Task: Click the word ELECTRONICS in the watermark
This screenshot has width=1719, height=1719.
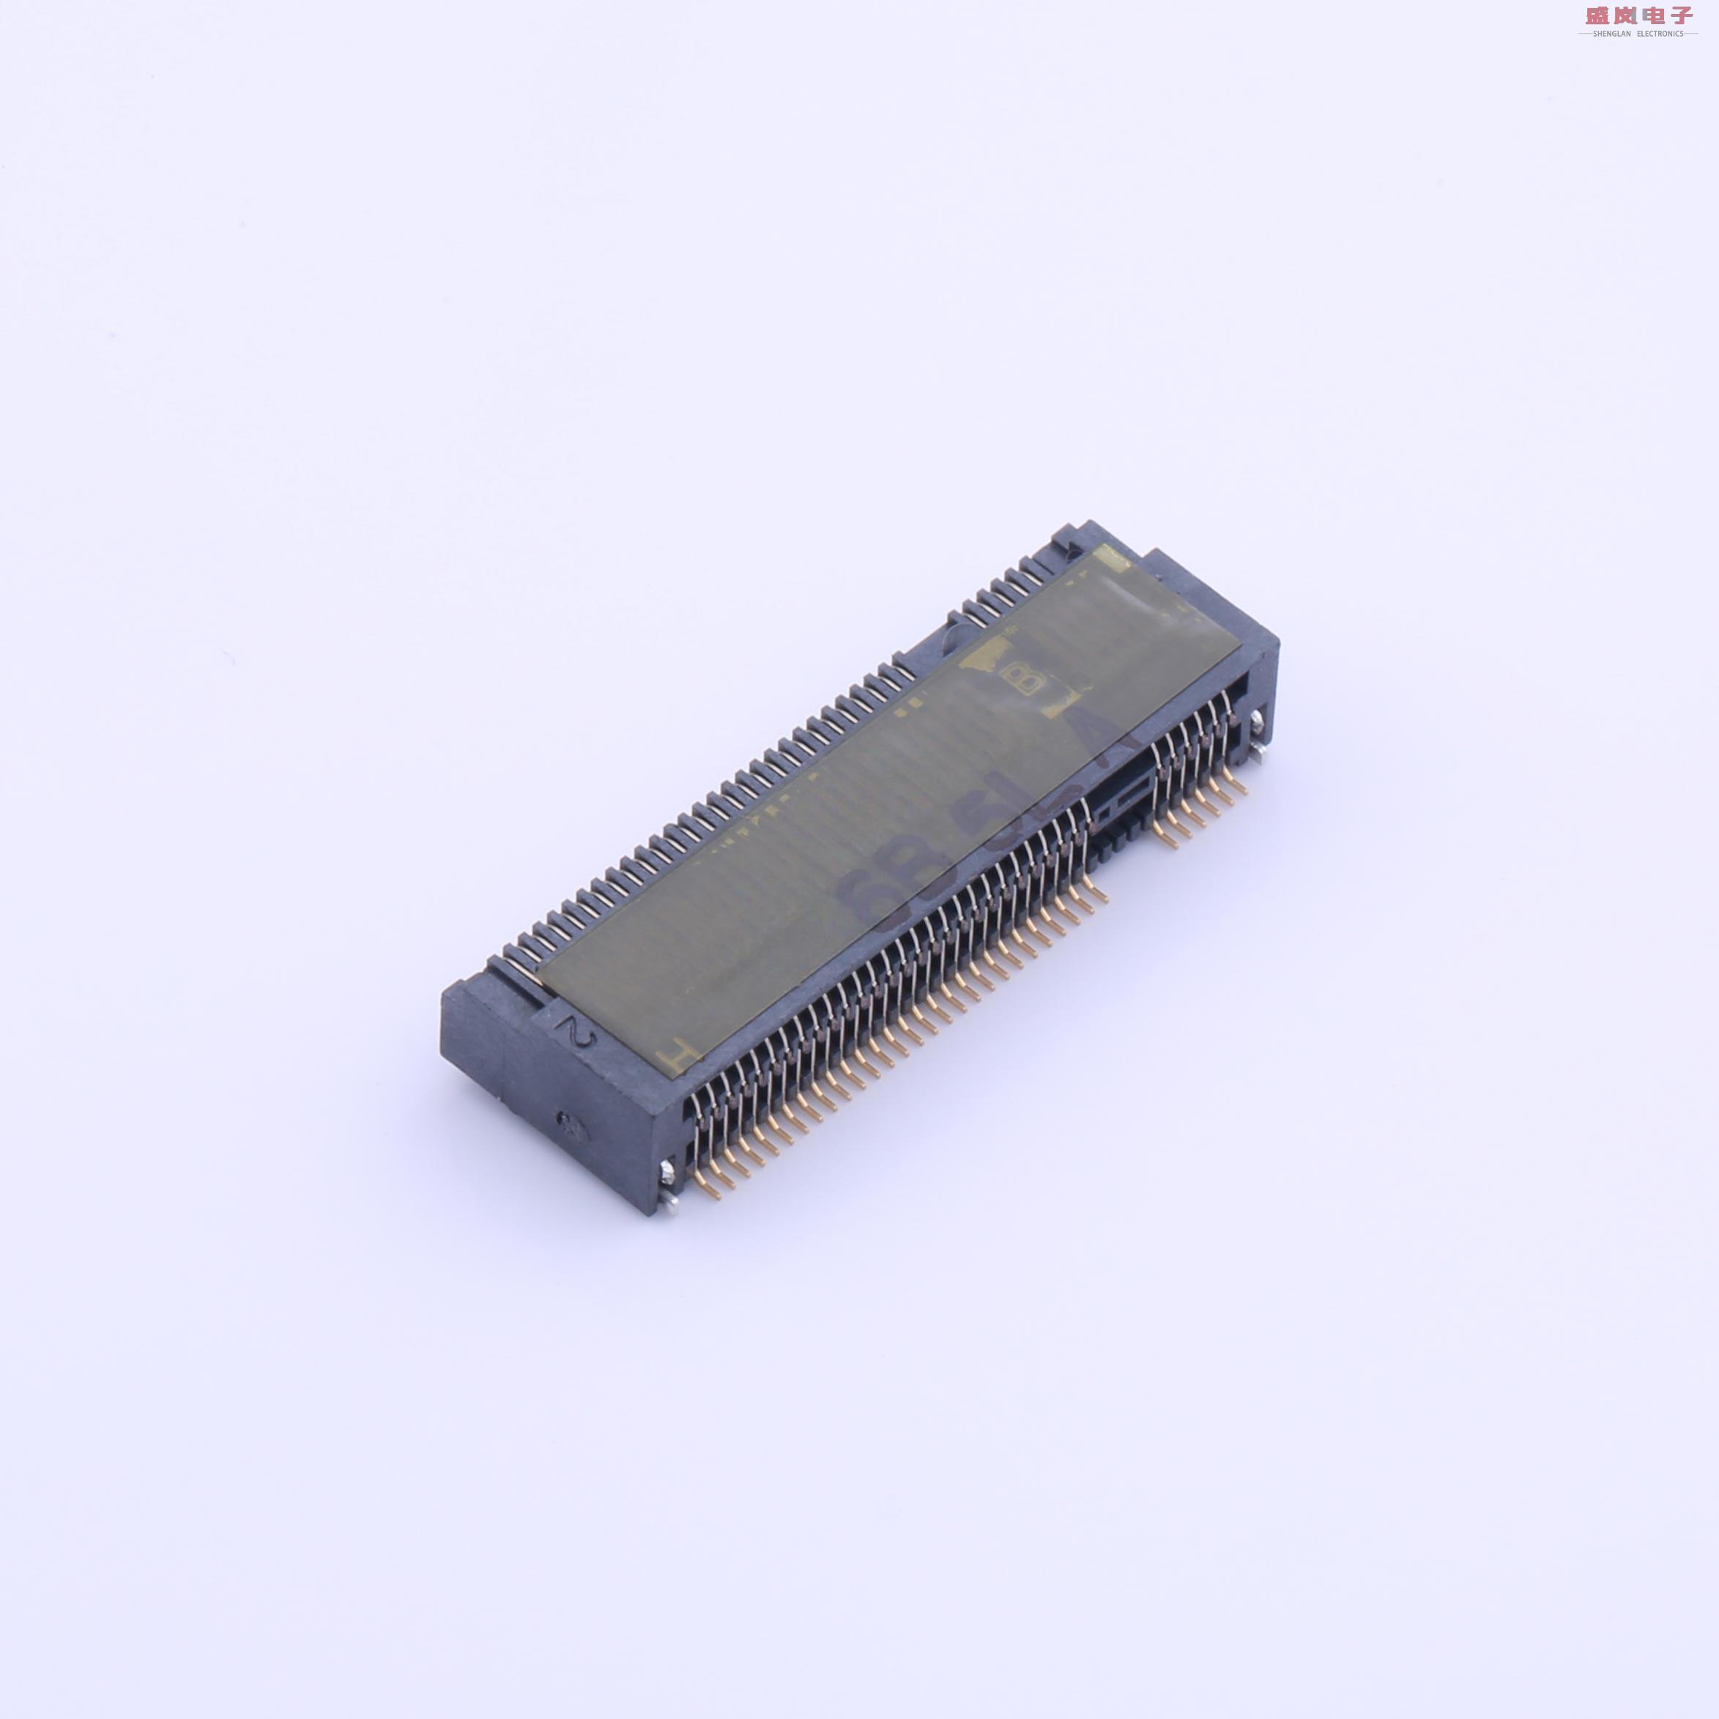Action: click(1660, 34)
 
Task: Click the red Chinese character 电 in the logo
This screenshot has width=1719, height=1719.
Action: click(1652, 15)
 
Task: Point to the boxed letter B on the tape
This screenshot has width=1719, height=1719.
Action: click(1020, 680)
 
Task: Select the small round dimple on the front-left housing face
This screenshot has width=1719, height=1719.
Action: click(567, 1123)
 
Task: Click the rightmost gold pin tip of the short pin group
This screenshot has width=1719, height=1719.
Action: click(1242, 787)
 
